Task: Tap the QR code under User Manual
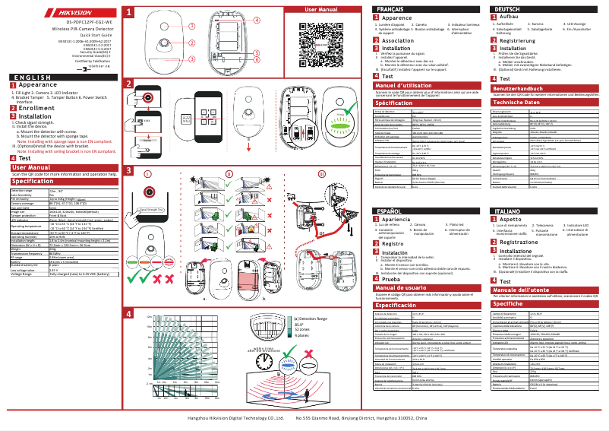[315, 36]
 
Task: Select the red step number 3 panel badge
[129, 170]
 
